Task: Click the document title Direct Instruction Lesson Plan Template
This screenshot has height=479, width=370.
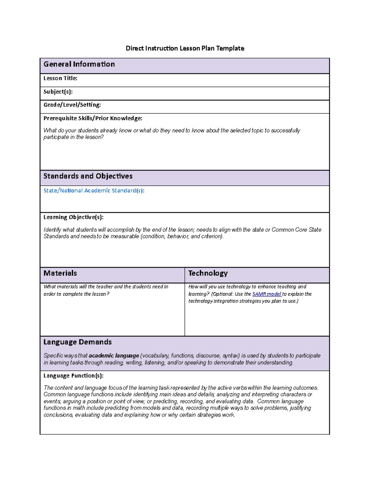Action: pyautogui.click(x=185, y=48)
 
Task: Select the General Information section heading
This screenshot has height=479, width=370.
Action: pyautogui.click(x=79, y=64)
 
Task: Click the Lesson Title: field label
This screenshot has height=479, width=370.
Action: pyautogui.click(x=60, y=78)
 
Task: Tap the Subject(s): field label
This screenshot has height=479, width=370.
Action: pyautogui.click(x=58, y=92)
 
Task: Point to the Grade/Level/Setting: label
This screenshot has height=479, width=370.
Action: pyautogui.click(x=72, y=105)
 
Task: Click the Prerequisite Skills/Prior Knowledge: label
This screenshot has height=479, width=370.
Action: pyautogui.click(x=92, y=118)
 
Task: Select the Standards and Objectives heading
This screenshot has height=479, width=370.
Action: pyautogui.click(x=88, y=176)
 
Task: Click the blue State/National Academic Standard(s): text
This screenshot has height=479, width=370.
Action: pyautogui.click(x=94, y=191)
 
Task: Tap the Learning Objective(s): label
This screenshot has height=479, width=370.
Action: pyautogui.click(x=73, y=217)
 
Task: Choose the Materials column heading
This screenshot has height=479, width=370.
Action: pyautogui.click(x=60, y=273)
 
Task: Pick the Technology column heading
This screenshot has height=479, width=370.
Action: pyautogui.click(x=208, y=273)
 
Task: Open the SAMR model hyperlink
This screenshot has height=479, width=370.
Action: pyautogui.click(x=266, y=294)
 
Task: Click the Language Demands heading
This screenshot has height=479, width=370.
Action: pyautogui.click(x=77, y=342)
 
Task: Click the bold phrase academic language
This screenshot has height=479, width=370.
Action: pyautogui.click(x=114, y=356)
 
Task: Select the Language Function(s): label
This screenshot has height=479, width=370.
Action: pyautogui.click(x=73, y=376)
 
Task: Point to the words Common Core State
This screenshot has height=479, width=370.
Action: pyautogui.click(x=296, y=230)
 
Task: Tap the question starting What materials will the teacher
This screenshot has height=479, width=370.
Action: pyautogui.click(x=106, y=287)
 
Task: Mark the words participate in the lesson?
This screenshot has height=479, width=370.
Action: pyautogui.click(x=73, y=137)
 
